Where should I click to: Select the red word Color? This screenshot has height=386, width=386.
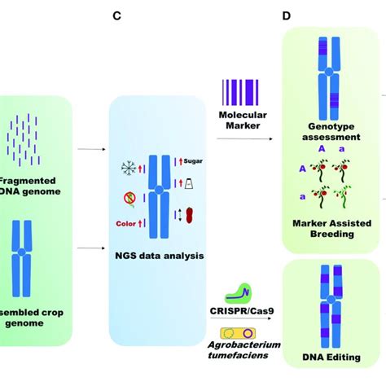click(125, 222)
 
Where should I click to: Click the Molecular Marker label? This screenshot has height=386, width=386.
click(237, 121)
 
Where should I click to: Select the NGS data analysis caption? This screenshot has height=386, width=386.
click(160, 257)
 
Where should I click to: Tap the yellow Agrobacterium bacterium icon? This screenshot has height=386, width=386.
click(240, 332)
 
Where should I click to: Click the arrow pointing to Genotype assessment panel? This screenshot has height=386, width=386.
click(253, 139)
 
